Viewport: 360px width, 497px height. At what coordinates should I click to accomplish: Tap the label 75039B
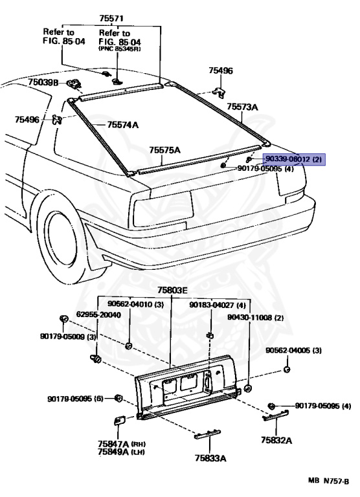[43, 82]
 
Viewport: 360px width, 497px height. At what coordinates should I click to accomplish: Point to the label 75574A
[123, 124]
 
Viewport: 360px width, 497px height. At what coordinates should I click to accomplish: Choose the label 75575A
[165, 149]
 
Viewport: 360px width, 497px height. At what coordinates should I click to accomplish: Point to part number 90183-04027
[213, 304]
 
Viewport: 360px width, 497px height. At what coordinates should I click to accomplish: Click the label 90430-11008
[255, 318]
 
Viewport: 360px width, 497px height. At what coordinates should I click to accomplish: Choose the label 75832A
[276, 440]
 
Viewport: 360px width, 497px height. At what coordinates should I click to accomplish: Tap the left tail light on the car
[161, 206]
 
